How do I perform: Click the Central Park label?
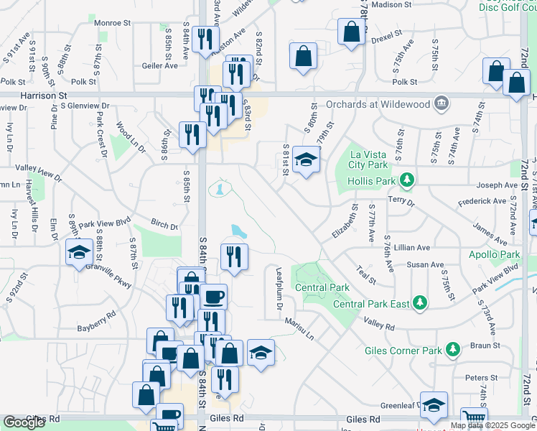click(322, 288)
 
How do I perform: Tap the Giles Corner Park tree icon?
click(452, 350)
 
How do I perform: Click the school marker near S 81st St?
click(306, 159)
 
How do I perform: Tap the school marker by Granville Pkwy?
click(78, 252)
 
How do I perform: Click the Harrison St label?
click(43, 94)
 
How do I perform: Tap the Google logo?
click(24, 422)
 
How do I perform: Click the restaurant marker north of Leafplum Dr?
click(233, 256)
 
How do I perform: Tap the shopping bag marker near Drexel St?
click(350, 31)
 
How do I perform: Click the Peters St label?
click(481, 378)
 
